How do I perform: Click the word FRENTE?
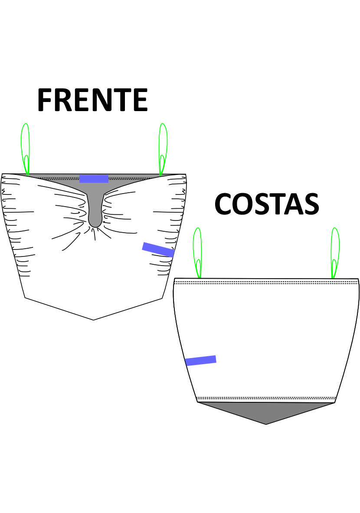92,100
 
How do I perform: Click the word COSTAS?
267,204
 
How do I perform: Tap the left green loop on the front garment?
26,148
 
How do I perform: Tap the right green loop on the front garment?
163,148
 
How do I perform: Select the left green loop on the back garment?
197,252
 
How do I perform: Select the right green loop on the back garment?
335,252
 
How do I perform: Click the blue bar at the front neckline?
94,179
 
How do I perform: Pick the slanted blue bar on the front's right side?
158,250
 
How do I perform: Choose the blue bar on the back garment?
200,360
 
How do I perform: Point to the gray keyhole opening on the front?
95,208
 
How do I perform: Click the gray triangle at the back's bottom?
266,411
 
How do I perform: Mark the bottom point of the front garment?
94,319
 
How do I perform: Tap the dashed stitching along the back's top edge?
266,283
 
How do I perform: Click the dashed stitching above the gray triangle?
266,398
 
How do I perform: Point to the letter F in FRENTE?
47,100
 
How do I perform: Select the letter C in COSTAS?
226,204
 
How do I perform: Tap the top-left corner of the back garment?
174,279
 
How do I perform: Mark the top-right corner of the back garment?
358,279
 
